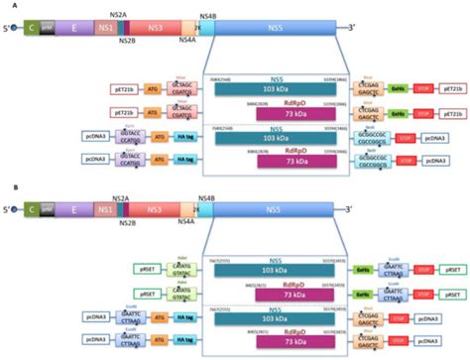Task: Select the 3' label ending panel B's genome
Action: coord(348,211)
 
